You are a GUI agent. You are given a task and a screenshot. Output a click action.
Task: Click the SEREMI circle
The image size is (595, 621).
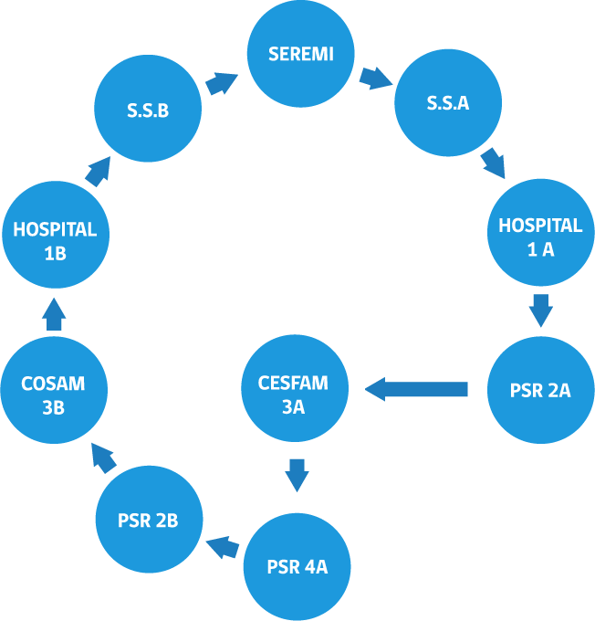(x=301, y=54)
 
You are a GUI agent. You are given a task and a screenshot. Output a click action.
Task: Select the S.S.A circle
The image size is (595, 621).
(x=448, y=102)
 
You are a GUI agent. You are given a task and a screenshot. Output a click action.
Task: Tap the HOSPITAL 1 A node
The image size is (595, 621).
(x=541, y=233)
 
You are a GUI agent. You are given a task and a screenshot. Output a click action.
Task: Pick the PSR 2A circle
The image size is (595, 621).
(x=541, y=390)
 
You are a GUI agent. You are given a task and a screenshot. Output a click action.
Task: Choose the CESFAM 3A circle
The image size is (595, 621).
(x=295, y=388)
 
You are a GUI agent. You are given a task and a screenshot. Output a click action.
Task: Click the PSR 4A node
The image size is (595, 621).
(x=297, y=567)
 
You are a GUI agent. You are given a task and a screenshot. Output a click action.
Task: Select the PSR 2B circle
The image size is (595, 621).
(x=150, y=520)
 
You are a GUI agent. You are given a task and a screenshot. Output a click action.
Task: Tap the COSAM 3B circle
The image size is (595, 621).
(x=54, y=390)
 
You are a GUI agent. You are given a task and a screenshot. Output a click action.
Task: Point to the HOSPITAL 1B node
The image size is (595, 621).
(x=56, y=235)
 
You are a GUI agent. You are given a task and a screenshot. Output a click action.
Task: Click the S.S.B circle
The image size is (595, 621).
(x=148, y=108)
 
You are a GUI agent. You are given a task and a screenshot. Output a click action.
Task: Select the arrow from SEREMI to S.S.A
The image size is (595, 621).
(x=376, y=78)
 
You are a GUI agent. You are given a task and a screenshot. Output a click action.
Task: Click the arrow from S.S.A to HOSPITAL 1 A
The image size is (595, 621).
(x=494, y=163)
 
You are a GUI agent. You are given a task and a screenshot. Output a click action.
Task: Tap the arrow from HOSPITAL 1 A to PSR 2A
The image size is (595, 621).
(x=541, y=310)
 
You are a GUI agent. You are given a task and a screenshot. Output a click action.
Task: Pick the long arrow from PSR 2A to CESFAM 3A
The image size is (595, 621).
(x=416, y=389)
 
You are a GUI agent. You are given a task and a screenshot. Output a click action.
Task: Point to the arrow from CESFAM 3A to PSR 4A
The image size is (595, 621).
(x=297, y=476)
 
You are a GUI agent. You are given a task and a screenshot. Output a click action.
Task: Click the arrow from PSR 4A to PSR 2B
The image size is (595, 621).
(x=223, y=547)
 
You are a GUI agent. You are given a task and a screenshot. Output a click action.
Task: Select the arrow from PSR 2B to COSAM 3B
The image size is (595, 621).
(x=104, y=458)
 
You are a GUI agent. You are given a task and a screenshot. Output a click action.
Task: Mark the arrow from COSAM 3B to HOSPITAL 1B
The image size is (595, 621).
(x=54, y=314)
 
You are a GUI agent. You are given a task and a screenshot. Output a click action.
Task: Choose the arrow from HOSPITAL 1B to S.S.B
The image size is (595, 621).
(x=98, y=172)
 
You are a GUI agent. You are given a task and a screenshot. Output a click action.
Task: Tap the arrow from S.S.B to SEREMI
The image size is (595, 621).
(x=222, y=84)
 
